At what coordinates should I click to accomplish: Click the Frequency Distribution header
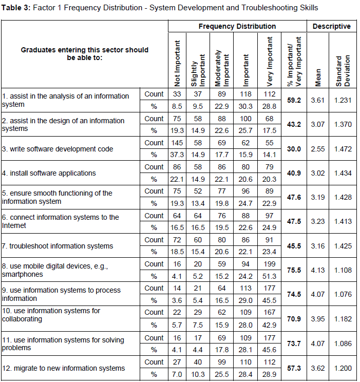tap(237, 26)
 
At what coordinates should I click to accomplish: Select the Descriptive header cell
tap(331, 26)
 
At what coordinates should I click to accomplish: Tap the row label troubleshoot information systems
tap(58, 246)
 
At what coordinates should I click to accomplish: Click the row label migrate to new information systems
tap(63, 368)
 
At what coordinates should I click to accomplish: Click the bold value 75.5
tap(294, 270)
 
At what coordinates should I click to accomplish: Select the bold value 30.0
tap(294, 149)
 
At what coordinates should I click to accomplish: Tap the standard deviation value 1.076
tap(343, 294)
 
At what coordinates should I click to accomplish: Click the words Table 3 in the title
tap(18, 8)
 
